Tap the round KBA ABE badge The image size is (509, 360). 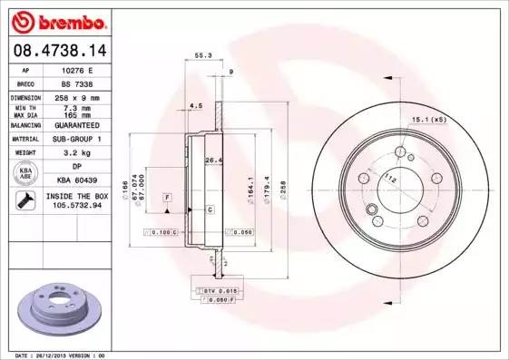27,173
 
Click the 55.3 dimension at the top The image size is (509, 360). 203,56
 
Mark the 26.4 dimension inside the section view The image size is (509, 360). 214,161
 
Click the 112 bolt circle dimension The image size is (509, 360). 390,178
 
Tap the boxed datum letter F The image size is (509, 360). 168,197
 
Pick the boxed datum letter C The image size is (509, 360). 210,209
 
